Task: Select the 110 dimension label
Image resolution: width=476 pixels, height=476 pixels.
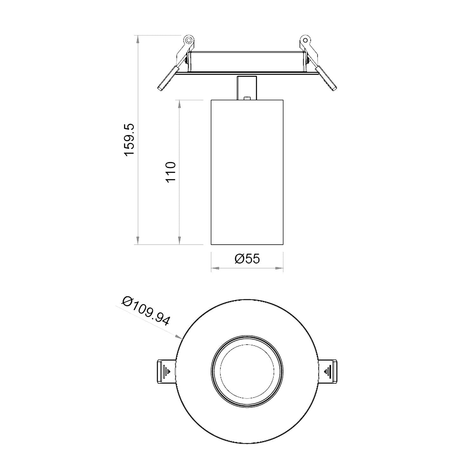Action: [171, 172]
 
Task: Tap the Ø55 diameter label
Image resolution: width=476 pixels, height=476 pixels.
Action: [247, 259]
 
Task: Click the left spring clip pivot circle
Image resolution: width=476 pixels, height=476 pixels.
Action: [188, 40]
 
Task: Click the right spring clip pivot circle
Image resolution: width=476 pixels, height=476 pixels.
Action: [305, 40]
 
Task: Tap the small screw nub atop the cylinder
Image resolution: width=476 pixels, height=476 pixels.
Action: [247, 98]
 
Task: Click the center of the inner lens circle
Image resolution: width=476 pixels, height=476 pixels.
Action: [247, 371]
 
